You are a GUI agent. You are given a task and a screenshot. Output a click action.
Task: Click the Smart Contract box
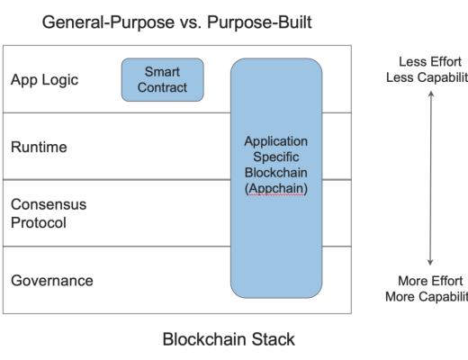click(x=163, y=79)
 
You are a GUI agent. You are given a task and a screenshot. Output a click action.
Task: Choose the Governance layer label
click(x=53, y=280)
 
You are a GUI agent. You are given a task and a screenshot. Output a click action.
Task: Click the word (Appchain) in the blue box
click(x=276, y=192)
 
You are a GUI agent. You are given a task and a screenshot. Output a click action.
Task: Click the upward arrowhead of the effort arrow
click(x=430, y=93)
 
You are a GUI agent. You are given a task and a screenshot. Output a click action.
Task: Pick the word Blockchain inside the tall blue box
click(x=276, y=175)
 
